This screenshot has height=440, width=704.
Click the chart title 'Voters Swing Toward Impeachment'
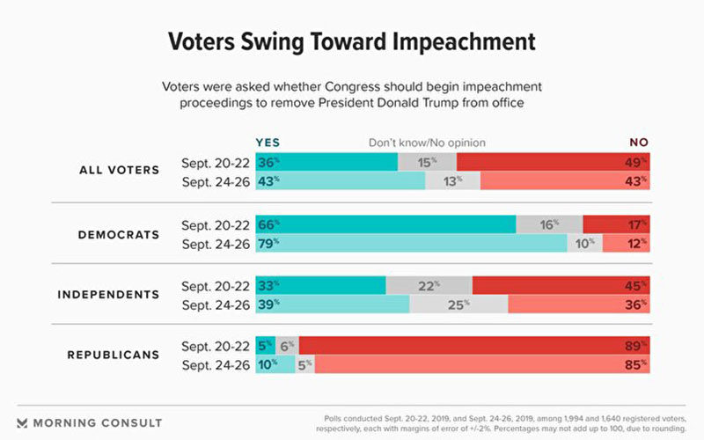tap(351, 41)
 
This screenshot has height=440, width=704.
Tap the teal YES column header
tap(268, 143)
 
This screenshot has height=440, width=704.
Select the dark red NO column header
tap(639, 143)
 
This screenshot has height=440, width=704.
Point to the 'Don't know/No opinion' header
tap(427, 143)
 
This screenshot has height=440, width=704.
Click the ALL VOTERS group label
tap(120, 170)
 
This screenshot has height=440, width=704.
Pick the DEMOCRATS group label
tap(119, 235)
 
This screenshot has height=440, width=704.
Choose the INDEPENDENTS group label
tap(108, 295)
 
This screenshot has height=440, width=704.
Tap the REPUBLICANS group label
tap(114, 355)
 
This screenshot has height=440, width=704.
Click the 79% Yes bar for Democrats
tap(411, 244)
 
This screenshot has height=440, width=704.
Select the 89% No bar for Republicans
tap(474, 346)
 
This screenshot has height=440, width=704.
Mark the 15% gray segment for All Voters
tap(427, 162)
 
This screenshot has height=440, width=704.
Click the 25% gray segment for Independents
tap(458, 304)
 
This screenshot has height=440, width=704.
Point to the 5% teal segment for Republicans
tap(266, 346)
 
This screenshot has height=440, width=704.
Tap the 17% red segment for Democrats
tap(617, 224)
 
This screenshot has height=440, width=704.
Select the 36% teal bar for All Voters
tap(326, 162)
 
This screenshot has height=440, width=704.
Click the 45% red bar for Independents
tap(561, 285)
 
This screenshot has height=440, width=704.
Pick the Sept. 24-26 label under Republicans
tap(216, 365)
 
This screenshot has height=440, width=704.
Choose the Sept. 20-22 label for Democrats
tap(216, 225)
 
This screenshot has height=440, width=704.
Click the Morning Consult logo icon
tap(22, 423)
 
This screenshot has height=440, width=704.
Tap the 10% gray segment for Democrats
tap(585, 244)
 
